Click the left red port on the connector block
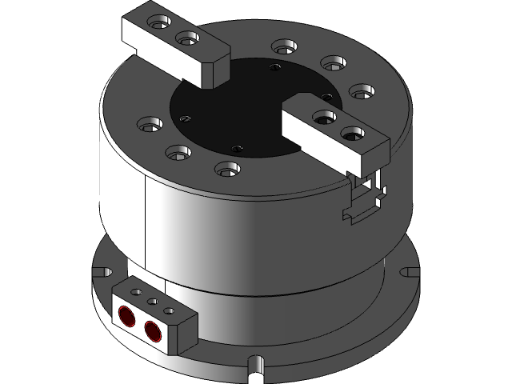127,314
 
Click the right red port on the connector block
151,326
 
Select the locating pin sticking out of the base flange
256,366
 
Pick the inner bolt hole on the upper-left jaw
186,37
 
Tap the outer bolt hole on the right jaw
353,133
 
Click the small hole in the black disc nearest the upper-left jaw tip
275,69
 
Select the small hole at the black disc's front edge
235,149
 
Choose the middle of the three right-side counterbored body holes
332,62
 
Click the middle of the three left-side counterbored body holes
178,150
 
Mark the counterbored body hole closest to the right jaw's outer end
362,90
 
